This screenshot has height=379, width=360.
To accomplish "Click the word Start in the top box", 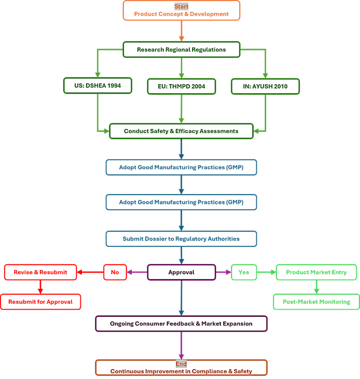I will pos(181,7).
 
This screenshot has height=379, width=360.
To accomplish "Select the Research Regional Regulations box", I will pos(181,49).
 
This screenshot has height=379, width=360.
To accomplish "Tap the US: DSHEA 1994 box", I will pos(97,86).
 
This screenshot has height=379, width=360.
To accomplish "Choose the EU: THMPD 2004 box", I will pos(181,86).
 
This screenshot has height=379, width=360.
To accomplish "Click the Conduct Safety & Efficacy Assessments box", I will pos(181,131).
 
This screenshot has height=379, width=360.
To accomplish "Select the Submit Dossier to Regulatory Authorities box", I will pos(181,239).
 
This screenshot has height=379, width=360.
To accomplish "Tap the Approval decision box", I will pos(181,272).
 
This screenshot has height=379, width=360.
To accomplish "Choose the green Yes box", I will pos(243,272).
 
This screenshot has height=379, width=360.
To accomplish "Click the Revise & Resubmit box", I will pos(40,272).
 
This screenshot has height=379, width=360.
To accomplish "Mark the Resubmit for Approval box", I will pos(40,302).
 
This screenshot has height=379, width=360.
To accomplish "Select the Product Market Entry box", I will pos(316,272).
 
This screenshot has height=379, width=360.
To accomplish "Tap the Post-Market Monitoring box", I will pos(316,301).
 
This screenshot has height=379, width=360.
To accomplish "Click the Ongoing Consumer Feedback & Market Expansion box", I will pos(181,323).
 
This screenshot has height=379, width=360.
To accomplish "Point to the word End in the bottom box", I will pos(181,364).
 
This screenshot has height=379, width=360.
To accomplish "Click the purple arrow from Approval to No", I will pos(137,272).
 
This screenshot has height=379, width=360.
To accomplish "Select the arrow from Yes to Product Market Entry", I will pos(266,272).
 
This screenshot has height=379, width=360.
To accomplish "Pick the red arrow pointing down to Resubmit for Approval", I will pos(40,287).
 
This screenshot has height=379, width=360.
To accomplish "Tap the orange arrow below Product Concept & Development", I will pos(181,30).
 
